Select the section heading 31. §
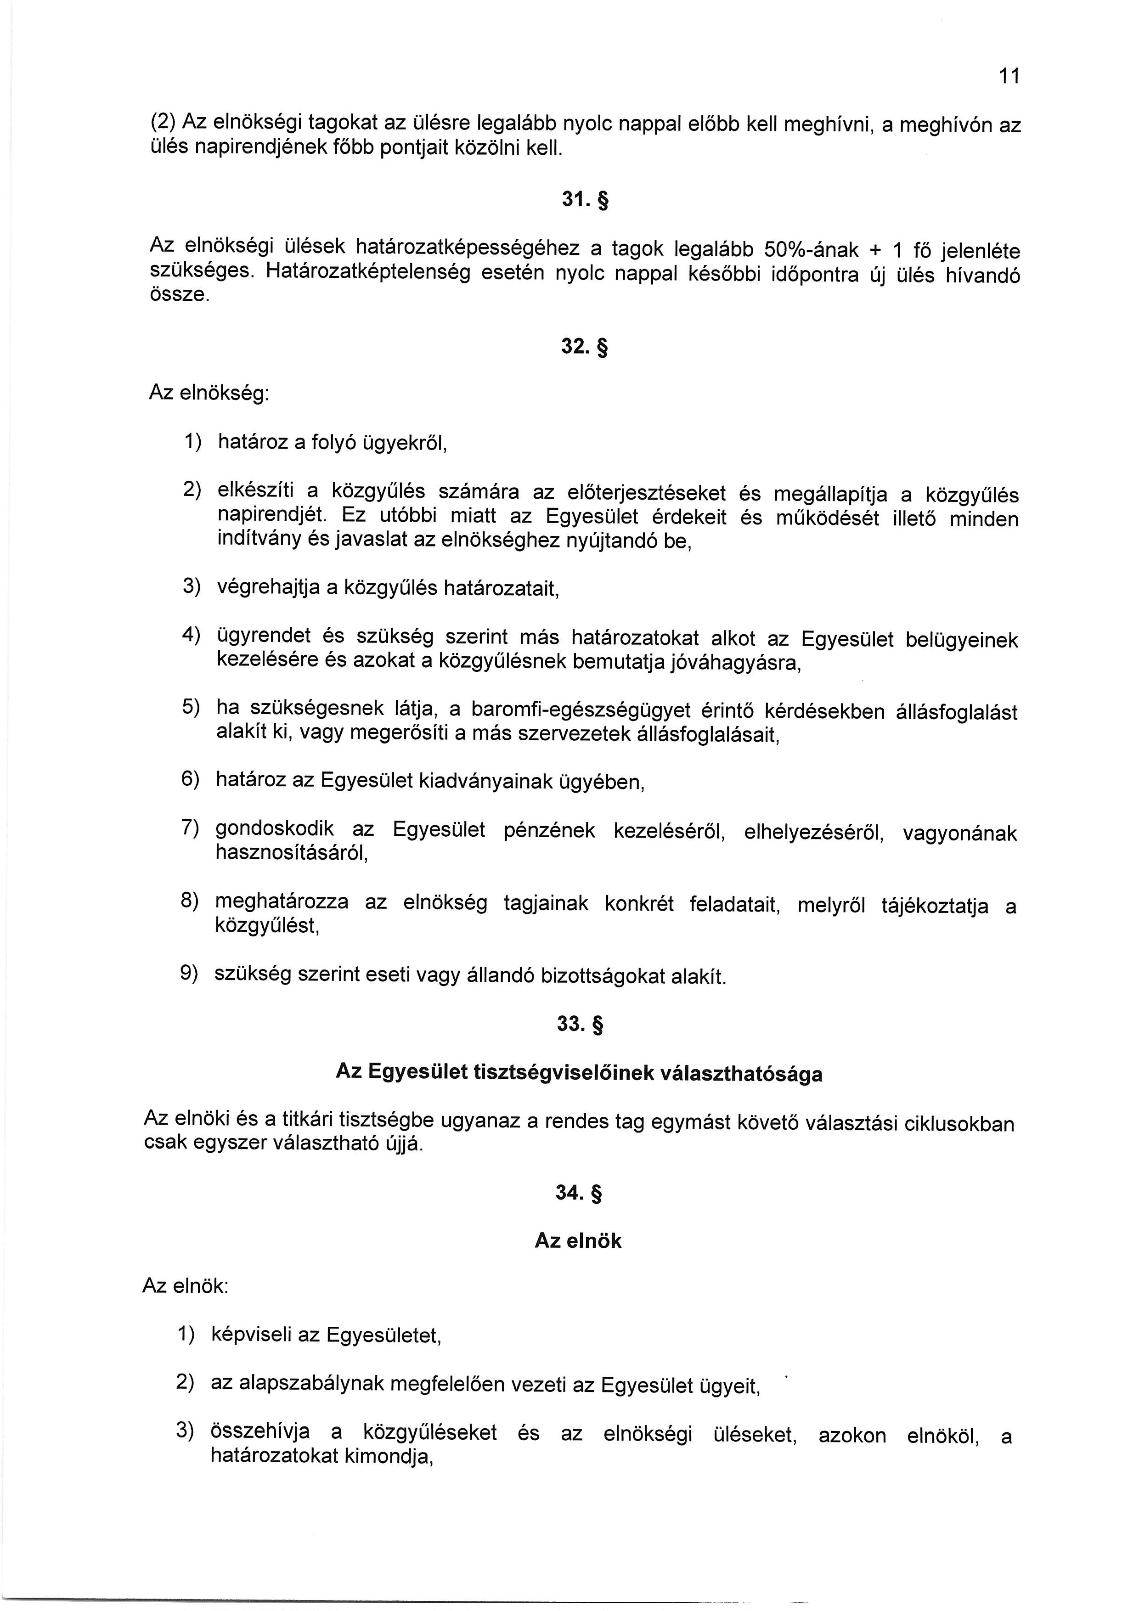584,201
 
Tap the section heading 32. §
584,347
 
